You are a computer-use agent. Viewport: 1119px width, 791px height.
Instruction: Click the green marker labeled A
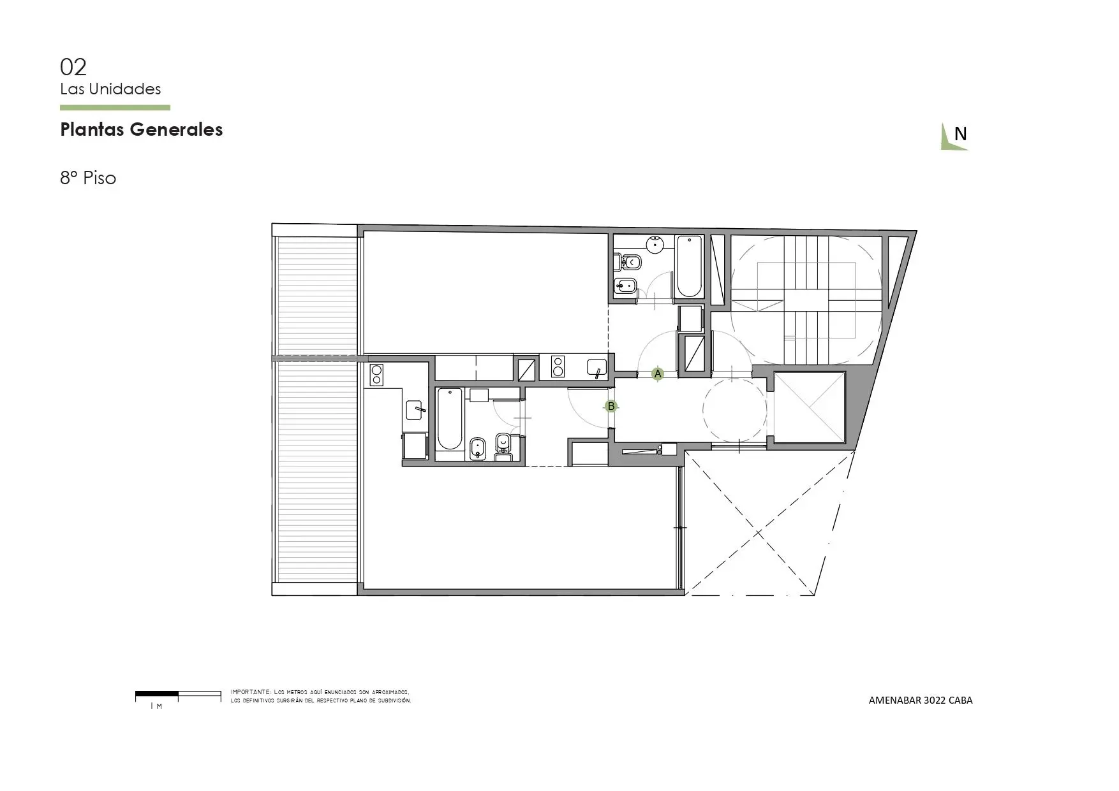(658, 374)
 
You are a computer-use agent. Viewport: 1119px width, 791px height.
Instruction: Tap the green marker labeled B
(611, 406)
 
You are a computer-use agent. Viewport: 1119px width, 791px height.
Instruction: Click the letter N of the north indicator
(960, 134)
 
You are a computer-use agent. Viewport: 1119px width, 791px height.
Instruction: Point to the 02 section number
(73, 67)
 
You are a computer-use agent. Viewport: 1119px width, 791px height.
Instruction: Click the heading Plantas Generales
(142, 129)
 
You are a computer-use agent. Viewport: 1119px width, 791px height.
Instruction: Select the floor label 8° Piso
(88, 178)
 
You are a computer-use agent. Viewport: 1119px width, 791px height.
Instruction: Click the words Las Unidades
(110, 89)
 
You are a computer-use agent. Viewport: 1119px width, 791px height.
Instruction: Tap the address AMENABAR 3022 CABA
(921, 700)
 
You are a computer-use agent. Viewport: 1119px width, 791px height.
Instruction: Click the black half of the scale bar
(157, 693)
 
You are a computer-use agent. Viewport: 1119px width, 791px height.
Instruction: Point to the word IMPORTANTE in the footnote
(251, 692)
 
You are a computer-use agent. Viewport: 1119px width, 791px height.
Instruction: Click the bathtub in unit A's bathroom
(689, 266)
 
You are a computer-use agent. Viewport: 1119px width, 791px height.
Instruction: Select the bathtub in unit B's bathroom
(450, 419)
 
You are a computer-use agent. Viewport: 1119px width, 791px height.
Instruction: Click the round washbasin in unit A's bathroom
(655, 244)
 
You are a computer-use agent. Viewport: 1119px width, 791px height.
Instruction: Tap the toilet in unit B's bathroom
(503, 444)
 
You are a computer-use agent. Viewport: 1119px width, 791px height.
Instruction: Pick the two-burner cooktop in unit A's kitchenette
(558, 366)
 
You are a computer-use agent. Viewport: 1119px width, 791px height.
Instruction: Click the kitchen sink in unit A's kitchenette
(597, 368)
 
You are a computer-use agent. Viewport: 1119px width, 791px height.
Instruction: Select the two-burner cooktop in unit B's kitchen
(376, 375)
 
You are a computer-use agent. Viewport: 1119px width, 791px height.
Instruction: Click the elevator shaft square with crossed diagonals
(809, 407)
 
